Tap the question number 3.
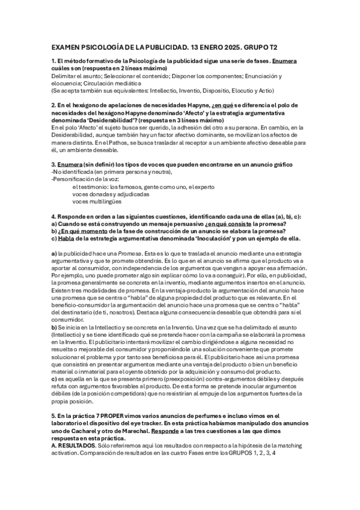53,164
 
